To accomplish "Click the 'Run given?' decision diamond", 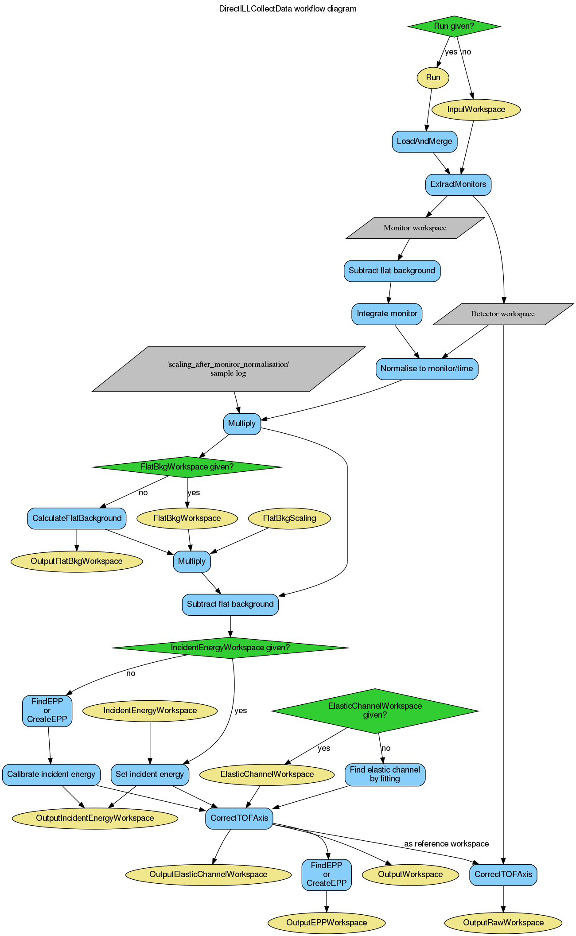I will point(454,26).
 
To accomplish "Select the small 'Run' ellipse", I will point(433,78).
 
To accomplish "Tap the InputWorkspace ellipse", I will point(476,109).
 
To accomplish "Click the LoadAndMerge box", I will point(424,141).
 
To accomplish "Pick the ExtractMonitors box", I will point(458,184).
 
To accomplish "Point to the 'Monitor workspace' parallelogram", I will point(415,228).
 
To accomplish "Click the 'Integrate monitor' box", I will point(387,314).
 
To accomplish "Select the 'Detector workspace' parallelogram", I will point(503,314).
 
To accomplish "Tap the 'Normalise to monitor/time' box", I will point(427,369).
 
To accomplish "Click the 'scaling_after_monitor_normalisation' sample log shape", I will point(228,369).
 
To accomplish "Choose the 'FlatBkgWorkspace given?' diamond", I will point(187,467).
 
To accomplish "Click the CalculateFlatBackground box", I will point(77,518).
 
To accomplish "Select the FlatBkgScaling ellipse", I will point(289,518).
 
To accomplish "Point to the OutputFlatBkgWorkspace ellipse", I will point(77,561).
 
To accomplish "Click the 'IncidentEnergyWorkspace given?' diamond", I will point(230,648).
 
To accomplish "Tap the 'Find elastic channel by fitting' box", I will point(385,774).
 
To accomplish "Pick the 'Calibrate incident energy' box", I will point(51,774).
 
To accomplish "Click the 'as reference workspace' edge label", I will point(446,844).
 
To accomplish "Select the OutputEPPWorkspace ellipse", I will point(327,923).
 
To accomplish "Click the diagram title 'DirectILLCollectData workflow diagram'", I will point(288,9).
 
